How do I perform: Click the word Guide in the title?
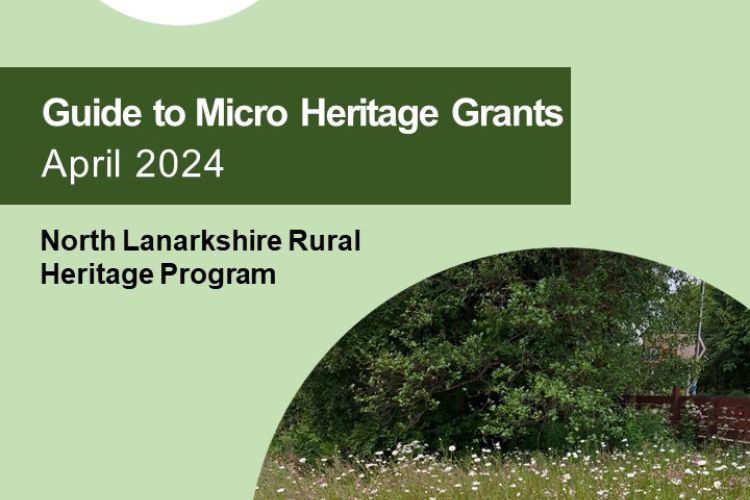pyautogui.click(x=92, y=114)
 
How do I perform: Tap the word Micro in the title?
pyautogui.click(x=242, y=113)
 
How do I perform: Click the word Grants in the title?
pyautogui.click(x=507, y=113)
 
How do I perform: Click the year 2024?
pyautogui.click(x=179, y=164)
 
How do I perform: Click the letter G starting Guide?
pyautogui.click(x=54, y=113)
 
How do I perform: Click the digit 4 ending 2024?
pyautogui.click(x=212, y=164)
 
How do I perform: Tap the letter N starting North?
pyautogui.click(x=50, y=241)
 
